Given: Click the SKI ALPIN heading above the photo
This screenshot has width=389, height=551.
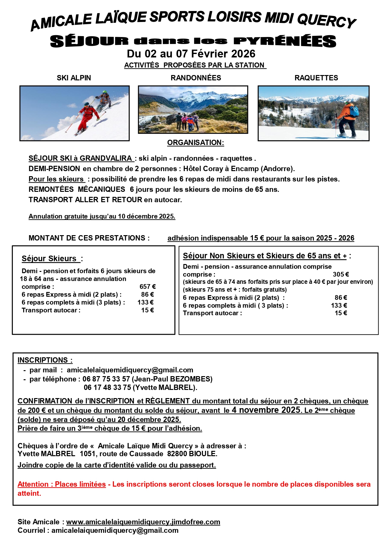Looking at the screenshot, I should click(74, 78).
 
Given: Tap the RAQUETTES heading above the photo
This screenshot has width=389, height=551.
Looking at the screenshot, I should click(316, 78).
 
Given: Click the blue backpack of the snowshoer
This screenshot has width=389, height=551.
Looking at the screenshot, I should click(354, 111).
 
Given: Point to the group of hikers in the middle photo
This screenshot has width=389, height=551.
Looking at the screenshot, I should click(187, 122).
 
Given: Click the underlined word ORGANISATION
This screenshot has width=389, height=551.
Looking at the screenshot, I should click(195, 143).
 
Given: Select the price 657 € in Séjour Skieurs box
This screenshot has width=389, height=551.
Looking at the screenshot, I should click(147, 287).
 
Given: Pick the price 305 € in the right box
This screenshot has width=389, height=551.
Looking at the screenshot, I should click(341, 274).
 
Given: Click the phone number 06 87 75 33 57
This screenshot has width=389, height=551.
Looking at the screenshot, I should click(106, 379).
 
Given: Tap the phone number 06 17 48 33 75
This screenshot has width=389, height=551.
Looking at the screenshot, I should click(107, 387).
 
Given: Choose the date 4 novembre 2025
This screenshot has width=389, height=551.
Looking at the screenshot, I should click(266, 410).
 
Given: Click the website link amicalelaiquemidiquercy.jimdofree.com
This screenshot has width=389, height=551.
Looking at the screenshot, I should click(143, 522).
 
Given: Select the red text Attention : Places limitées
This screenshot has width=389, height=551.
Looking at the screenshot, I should click(61, 484).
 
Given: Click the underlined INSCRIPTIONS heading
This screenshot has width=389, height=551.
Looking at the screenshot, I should click(45, 360).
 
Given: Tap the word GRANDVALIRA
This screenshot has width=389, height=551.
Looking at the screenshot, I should click(106, 158).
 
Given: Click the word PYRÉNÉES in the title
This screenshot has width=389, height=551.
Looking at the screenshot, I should click(285, 41).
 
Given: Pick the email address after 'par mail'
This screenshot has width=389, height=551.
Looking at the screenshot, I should click(130, 370).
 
